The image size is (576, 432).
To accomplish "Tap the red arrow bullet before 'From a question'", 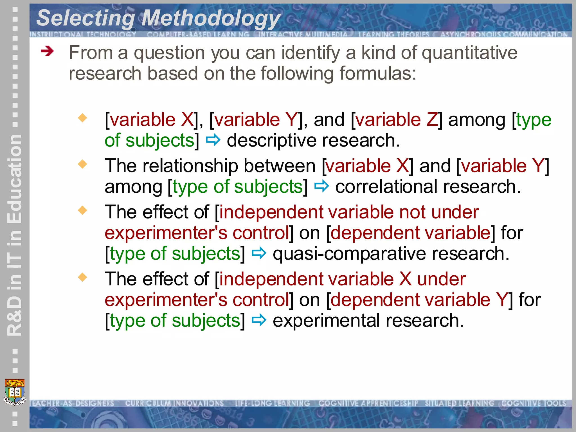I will [x=47, y=51].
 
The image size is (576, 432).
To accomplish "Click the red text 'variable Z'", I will [x=397, y=120].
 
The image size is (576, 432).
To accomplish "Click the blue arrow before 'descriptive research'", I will [x=213, y=140].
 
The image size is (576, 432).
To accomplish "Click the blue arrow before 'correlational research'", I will [x=321, y=186].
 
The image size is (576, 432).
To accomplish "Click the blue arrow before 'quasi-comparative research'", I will [x=259, y=253].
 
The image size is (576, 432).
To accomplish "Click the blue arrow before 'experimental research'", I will [x=259, y=320].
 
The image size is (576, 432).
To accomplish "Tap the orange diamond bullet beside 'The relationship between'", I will [x=83, y=164].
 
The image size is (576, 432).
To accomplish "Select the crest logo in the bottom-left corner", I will [x=15, y=392].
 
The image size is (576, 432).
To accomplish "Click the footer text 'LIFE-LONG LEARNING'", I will [x=272, y=403].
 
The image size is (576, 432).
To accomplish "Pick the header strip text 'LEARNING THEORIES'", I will [x=394, y=34].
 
